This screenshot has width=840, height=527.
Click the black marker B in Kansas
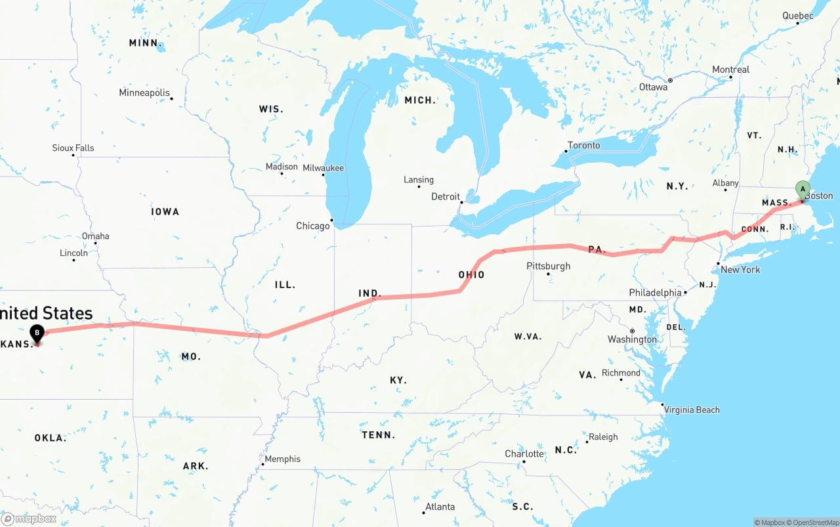37,333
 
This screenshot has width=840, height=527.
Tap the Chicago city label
313,226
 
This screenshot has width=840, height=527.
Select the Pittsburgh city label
548,266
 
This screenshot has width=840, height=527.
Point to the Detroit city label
446,197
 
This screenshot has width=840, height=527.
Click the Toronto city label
583,145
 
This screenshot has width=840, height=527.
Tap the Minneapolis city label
144,93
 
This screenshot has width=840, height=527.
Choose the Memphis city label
282,459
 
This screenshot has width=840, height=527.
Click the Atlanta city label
440,507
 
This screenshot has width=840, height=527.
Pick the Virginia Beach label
692,410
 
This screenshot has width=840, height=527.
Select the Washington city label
632,339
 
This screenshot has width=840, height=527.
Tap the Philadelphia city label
655,292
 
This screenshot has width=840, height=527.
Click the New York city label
740,269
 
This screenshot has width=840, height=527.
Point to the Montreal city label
730,70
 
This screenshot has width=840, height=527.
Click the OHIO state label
471,274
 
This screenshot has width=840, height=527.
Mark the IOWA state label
165,211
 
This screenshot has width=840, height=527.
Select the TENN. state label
378,434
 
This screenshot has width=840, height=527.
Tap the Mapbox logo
29,518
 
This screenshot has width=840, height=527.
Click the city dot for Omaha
95,243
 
